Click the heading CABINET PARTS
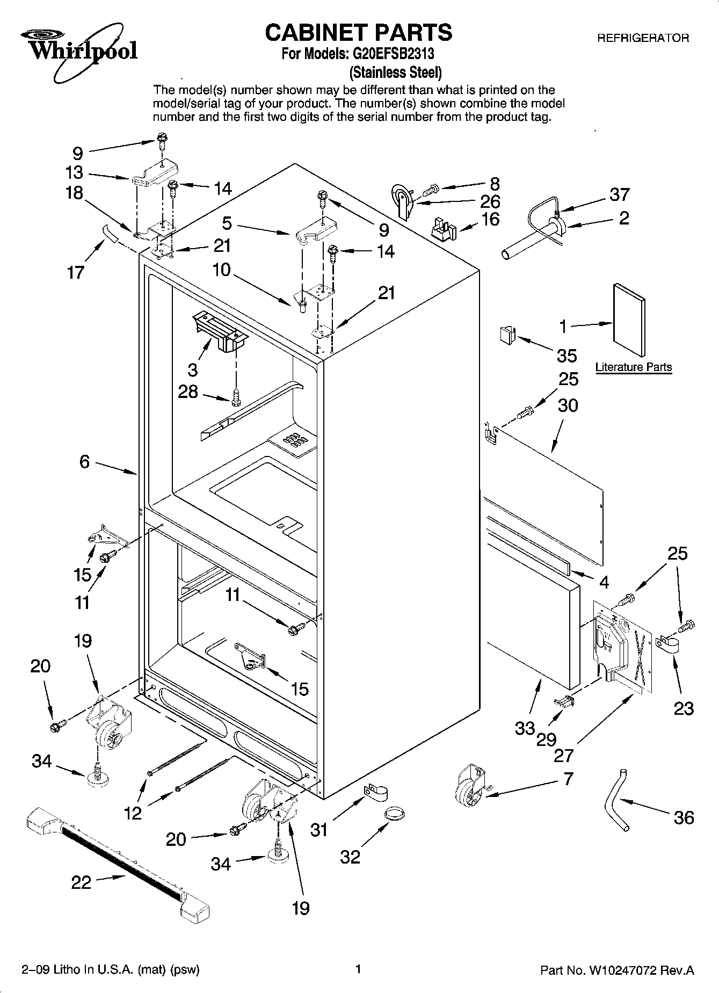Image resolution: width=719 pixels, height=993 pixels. click(x=359, y=32)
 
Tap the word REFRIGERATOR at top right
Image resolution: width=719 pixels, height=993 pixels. click(x=643, y=38)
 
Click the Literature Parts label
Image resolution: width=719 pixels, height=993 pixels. click(x=633, y=367)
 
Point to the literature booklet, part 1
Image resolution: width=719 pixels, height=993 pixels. click(x=629, y=320)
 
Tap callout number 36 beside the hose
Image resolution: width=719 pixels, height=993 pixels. click(x=683, y=817)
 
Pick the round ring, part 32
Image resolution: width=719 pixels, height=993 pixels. click(x=395, y=814)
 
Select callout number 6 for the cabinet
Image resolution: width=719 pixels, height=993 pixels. click(x=84, y=461)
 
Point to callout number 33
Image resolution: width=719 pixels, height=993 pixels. click(x=524, y=728)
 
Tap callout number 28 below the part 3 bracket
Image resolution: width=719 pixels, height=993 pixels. click(x=188, y=392)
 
